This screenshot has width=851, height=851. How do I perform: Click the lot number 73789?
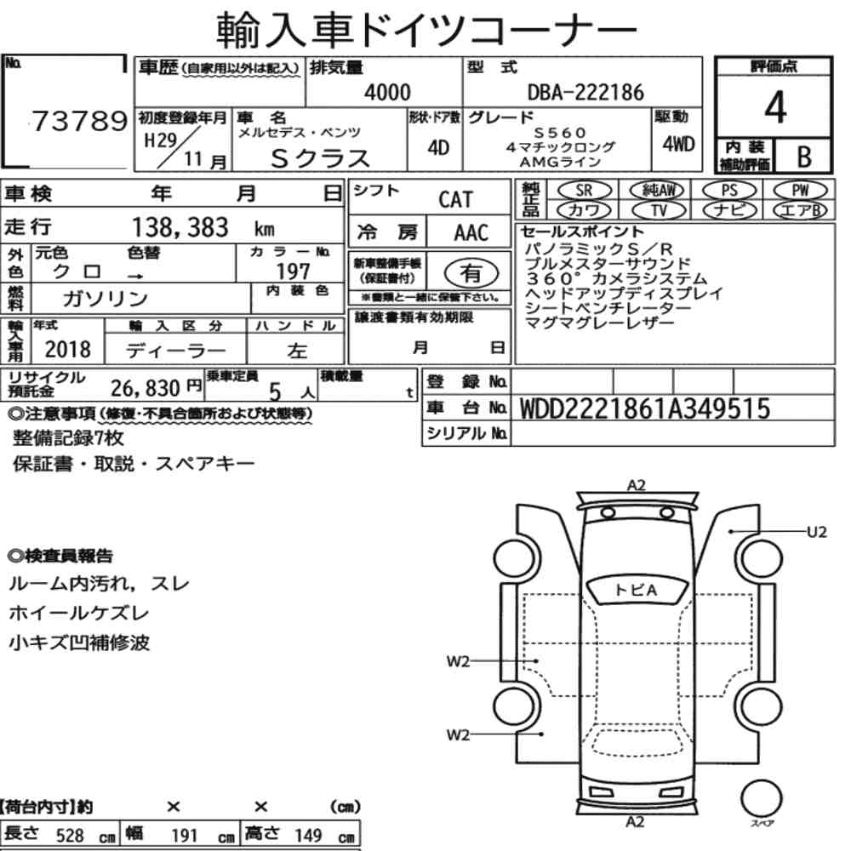[80, 121]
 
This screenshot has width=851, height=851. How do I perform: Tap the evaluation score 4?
[775, 107]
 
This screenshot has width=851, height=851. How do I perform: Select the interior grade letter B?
[804, 157]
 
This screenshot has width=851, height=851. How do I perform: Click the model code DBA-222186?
[585, 92]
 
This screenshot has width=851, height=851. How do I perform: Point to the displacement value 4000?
[387, 92]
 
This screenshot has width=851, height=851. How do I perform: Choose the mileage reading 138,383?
[180, 227]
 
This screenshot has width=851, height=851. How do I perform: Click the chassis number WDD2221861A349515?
[645, 408]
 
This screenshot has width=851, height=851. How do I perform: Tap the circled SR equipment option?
[584, 191]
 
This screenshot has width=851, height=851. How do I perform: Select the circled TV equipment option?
[659, 210]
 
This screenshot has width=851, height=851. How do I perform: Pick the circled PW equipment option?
[800, 191]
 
